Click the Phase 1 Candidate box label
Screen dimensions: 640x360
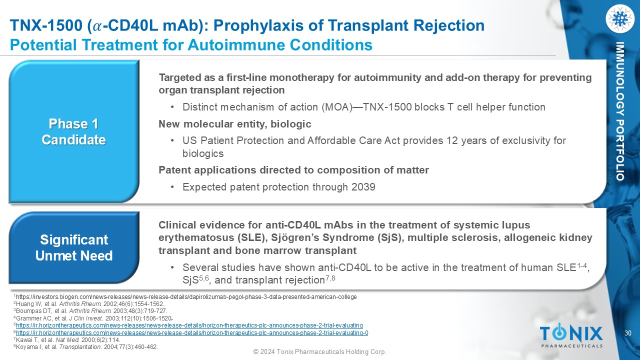pos(73,131)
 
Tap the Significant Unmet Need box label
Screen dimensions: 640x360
pos(74,247)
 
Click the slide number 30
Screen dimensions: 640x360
pos(628,333)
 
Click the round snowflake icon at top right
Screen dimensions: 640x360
pos(619,18)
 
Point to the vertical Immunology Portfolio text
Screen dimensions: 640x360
pos(619,111)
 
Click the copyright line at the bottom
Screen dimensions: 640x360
pos(320,351)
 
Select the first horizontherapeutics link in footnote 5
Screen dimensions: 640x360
pos(189,325)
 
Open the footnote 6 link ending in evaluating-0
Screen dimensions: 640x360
pos(192,333)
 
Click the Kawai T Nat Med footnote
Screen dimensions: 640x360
pos(67,340)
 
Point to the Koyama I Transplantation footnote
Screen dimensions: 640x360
pos(85,347)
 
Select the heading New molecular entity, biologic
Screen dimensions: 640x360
pos(235,124)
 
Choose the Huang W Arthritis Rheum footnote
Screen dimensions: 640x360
pos(89,304)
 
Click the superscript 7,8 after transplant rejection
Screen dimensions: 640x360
pos(330,277)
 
